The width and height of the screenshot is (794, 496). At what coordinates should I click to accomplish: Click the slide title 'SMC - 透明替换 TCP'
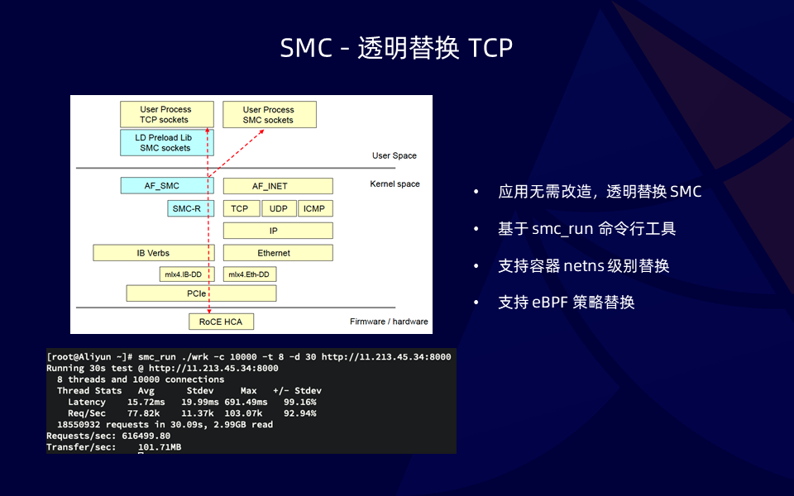(396, 48)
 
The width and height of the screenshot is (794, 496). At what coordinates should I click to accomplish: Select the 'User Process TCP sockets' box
(166, 114)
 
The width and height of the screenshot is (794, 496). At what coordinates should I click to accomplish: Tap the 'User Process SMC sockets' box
(270, 114)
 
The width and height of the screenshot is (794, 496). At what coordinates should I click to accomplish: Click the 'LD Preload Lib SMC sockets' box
(166, 143)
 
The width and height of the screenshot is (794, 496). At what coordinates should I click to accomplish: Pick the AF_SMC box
(166, 186)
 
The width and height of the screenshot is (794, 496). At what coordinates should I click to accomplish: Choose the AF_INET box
(278, 186)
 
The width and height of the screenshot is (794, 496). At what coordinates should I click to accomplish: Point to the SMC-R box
(191, 208)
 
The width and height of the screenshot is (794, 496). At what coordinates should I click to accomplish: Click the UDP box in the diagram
(279, 208)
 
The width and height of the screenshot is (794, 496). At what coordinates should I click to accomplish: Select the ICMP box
(315, 208)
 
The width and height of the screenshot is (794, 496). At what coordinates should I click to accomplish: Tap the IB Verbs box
(154, 253)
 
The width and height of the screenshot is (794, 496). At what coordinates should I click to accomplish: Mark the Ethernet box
(278, 253)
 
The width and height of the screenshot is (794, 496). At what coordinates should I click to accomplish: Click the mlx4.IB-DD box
(187, 274)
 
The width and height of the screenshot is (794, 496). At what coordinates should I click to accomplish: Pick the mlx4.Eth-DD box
(250, 274)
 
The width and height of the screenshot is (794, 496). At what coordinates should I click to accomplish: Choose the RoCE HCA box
(222, 322)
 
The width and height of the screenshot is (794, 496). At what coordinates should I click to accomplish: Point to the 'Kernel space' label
(395, 184)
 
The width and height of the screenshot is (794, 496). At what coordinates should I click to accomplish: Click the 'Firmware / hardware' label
(389, 322)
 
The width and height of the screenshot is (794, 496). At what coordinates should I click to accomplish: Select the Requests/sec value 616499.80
(146, 436)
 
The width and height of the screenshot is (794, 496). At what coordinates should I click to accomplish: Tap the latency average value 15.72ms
(146, 402)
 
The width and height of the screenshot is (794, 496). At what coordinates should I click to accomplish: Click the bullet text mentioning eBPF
(566, 303)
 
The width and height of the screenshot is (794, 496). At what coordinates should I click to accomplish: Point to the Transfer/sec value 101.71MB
(160, 447)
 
